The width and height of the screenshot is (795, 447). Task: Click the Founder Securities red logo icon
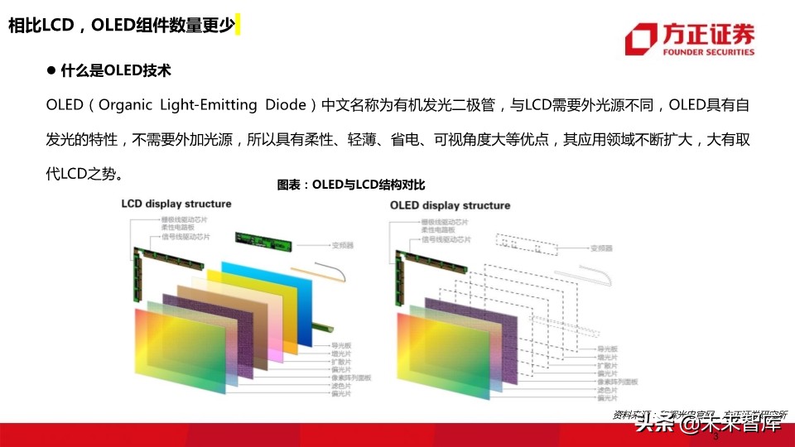coord(641,40)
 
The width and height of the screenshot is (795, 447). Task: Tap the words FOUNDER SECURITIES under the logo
coord(709,52)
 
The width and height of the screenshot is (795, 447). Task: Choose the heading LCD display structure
coord(176,204)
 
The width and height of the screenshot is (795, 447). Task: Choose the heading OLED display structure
coord(450,204)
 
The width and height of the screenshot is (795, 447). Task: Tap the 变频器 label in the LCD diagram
coord(342,245)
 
